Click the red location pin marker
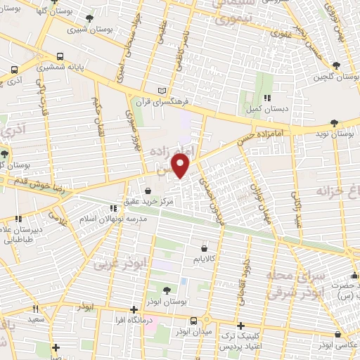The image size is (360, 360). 181,165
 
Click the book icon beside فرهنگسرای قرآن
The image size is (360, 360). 164,91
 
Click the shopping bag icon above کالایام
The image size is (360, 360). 204,247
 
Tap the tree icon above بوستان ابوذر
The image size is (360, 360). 166,289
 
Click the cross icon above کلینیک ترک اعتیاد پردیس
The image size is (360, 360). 241,326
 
